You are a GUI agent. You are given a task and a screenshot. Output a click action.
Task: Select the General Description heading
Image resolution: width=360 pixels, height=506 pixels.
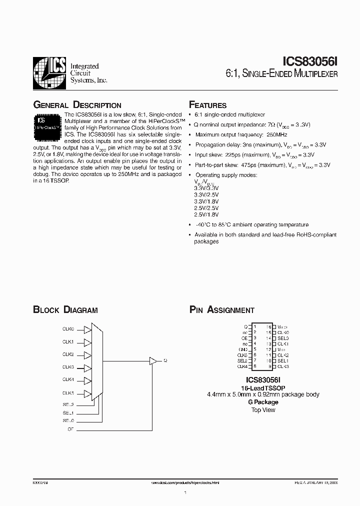coord(77,105)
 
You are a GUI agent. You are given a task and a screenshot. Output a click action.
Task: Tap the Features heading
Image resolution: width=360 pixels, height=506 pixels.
coord(207,105)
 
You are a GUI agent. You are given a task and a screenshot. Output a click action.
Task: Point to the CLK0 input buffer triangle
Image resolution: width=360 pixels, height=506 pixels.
coord(87,330)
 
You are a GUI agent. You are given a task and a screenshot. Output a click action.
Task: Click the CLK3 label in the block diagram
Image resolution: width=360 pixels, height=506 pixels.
coord(68,367)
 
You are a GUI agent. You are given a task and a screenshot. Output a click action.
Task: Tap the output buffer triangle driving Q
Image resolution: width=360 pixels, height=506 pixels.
coord(153,360)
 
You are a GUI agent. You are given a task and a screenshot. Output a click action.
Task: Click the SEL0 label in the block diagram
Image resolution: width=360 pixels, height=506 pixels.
coord(68,421)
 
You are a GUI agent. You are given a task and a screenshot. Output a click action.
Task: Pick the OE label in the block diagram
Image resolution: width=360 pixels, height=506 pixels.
coord(70,429)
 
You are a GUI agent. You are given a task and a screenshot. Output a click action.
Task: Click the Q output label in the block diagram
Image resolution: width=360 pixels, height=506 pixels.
coord(165,360)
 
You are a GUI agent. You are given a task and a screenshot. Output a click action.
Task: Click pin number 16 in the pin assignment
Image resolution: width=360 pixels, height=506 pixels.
coord(268,326)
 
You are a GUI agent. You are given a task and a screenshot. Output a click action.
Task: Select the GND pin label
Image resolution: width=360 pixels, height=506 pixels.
coord(243,349)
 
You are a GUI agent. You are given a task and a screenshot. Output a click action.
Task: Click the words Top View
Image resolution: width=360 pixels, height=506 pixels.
coord(263,410)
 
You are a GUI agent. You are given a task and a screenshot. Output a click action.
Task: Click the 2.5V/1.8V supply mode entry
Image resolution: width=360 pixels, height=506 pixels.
coord(206,214)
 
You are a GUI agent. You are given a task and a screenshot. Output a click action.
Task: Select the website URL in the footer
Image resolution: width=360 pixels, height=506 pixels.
coord(185,483)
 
